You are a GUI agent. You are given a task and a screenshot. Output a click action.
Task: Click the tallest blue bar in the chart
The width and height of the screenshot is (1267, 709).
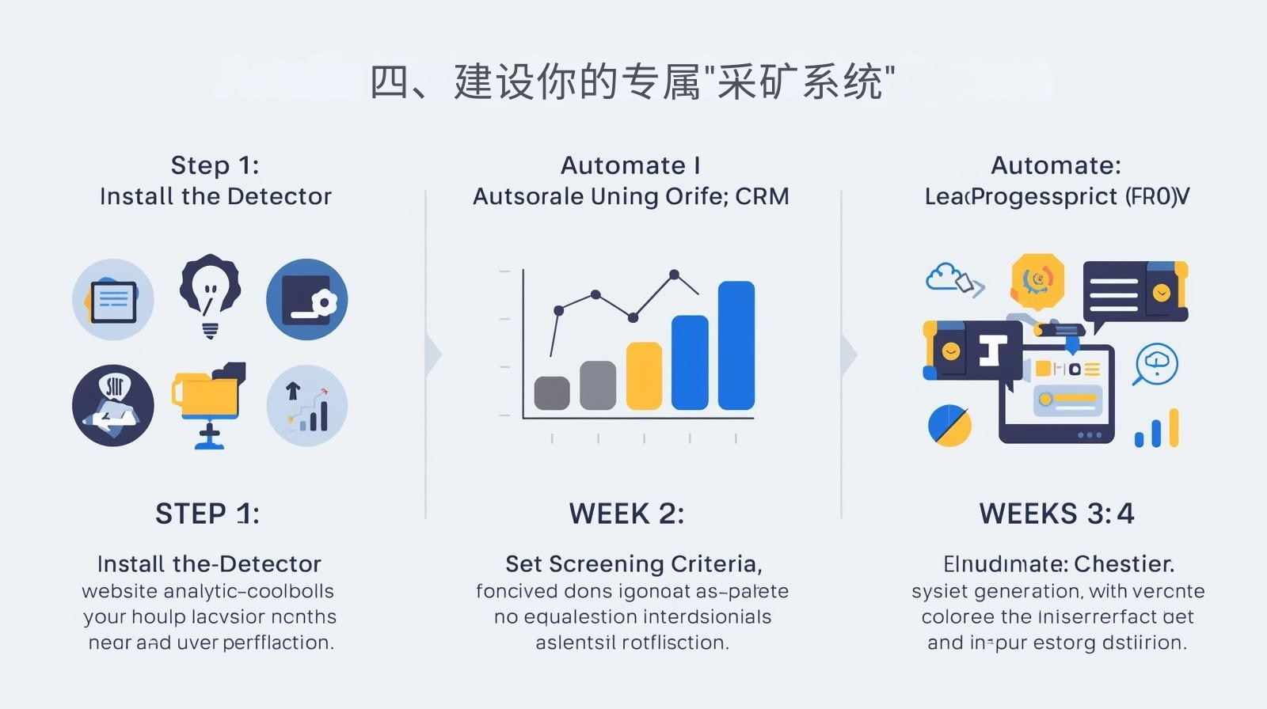736,345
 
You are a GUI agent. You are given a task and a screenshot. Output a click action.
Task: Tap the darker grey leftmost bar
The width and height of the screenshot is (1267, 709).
552,392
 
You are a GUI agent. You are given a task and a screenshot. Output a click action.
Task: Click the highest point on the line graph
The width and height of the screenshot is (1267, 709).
674,275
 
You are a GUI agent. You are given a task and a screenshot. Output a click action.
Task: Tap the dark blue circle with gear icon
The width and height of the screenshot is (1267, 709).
306,299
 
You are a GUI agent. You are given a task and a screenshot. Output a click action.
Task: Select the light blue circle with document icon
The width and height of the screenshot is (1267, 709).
113,300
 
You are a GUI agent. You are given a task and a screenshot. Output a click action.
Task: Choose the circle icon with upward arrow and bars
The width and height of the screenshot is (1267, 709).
307,405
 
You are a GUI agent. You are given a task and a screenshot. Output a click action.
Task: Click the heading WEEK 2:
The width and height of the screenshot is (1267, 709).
626,514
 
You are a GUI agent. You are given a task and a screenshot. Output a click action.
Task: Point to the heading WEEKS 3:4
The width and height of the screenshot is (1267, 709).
1056,514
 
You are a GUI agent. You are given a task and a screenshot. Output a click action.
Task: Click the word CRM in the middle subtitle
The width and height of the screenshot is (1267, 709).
762,196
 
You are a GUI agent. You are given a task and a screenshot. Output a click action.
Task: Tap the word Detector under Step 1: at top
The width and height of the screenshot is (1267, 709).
283,196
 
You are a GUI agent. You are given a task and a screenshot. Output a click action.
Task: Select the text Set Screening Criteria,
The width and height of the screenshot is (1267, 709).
633,564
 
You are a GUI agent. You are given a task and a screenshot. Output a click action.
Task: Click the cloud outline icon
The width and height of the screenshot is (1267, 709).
943,277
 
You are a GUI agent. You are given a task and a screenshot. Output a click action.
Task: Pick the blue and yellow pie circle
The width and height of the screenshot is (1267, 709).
949,425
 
